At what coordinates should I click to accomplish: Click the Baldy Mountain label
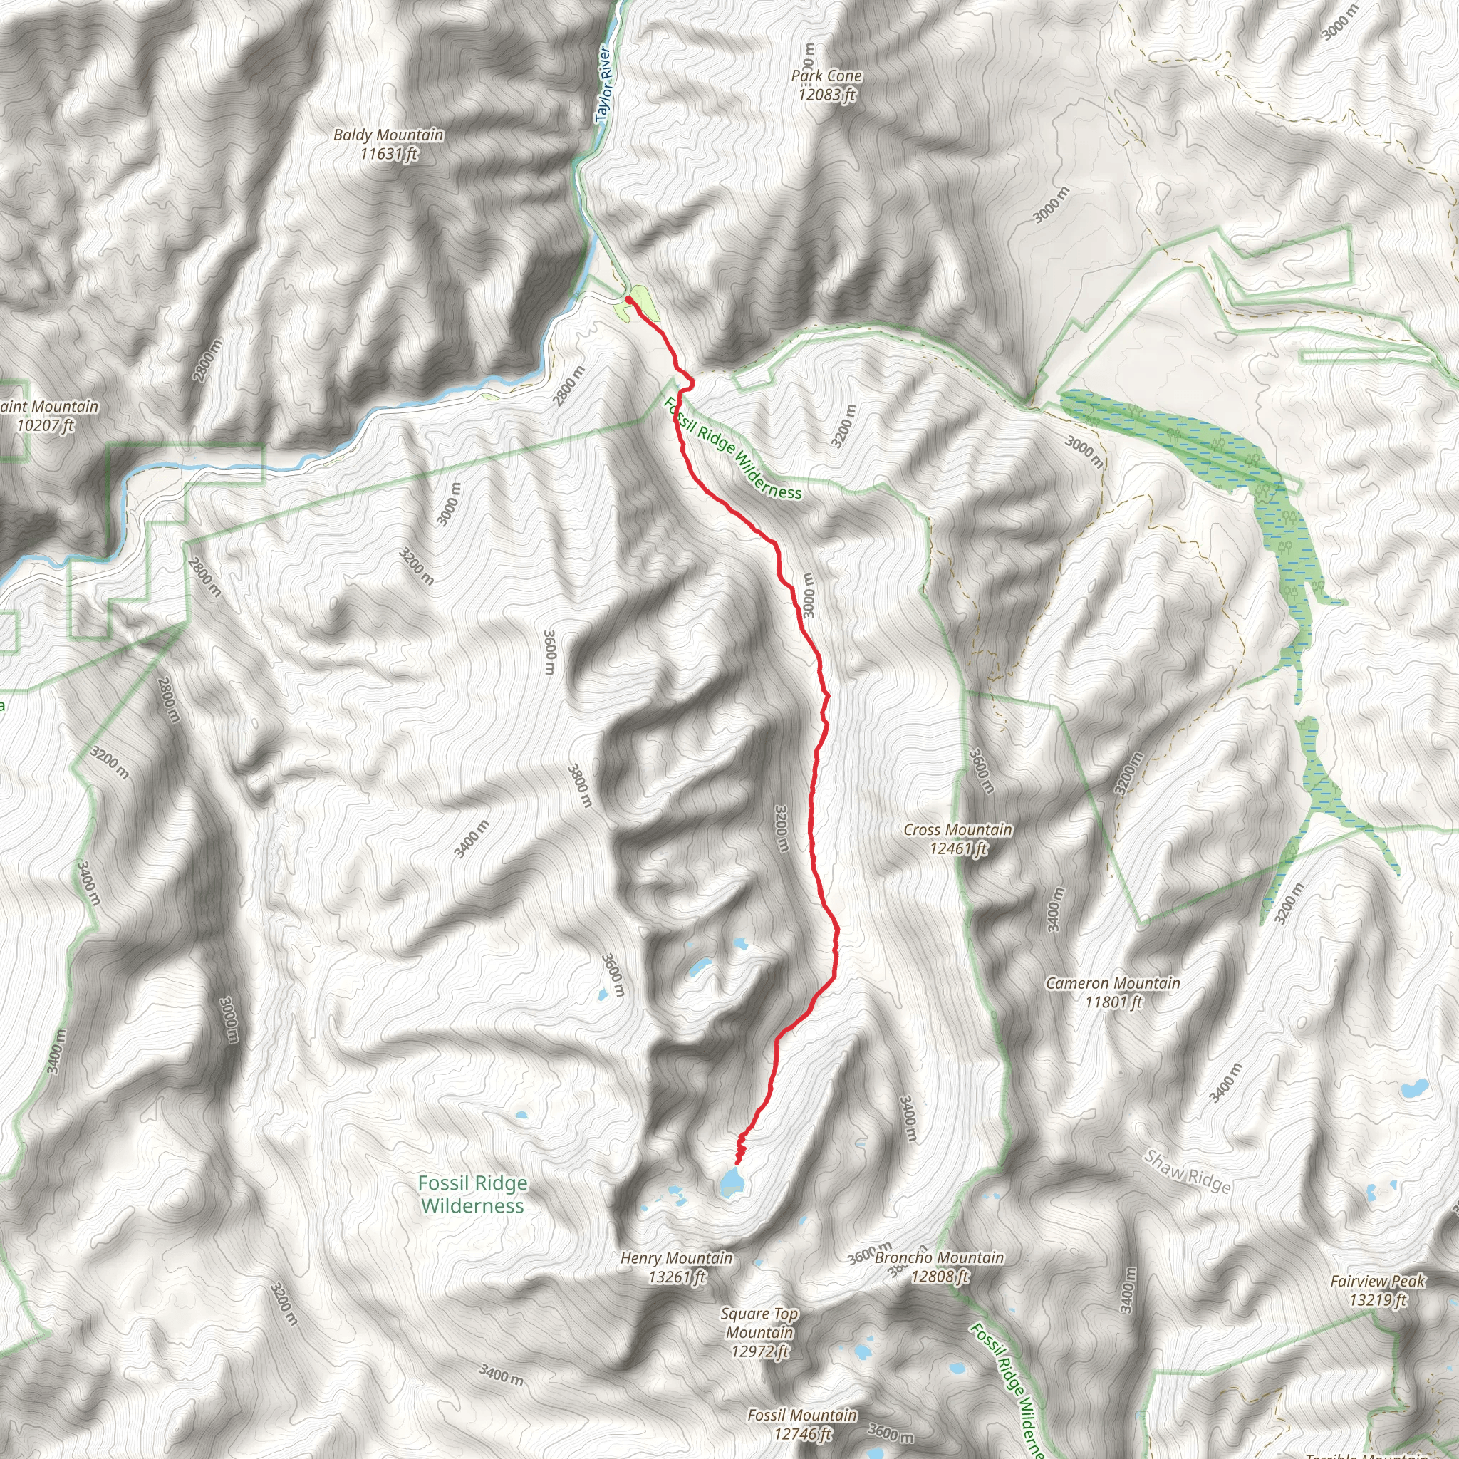point(388,135)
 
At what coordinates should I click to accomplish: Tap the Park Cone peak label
point(826,76)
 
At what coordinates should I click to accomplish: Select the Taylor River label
point(603,84)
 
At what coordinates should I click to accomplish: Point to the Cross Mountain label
point(957,830)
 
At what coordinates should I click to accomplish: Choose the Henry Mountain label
point(676,1258)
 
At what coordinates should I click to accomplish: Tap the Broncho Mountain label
point(939,1258)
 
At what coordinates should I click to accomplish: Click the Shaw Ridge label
point(1186,1171)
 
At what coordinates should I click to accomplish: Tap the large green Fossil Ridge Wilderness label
point(473,1194)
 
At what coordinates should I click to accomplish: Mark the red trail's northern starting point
point(628,300)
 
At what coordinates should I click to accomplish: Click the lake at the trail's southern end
point(731,1182)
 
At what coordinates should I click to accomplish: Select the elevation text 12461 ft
point(957,848)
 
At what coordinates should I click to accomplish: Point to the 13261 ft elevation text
point(676,1277)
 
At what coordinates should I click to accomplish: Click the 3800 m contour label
point(579,785)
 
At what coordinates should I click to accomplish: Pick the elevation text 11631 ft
point(388,154)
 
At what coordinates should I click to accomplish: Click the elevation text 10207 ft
point(46,425)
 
